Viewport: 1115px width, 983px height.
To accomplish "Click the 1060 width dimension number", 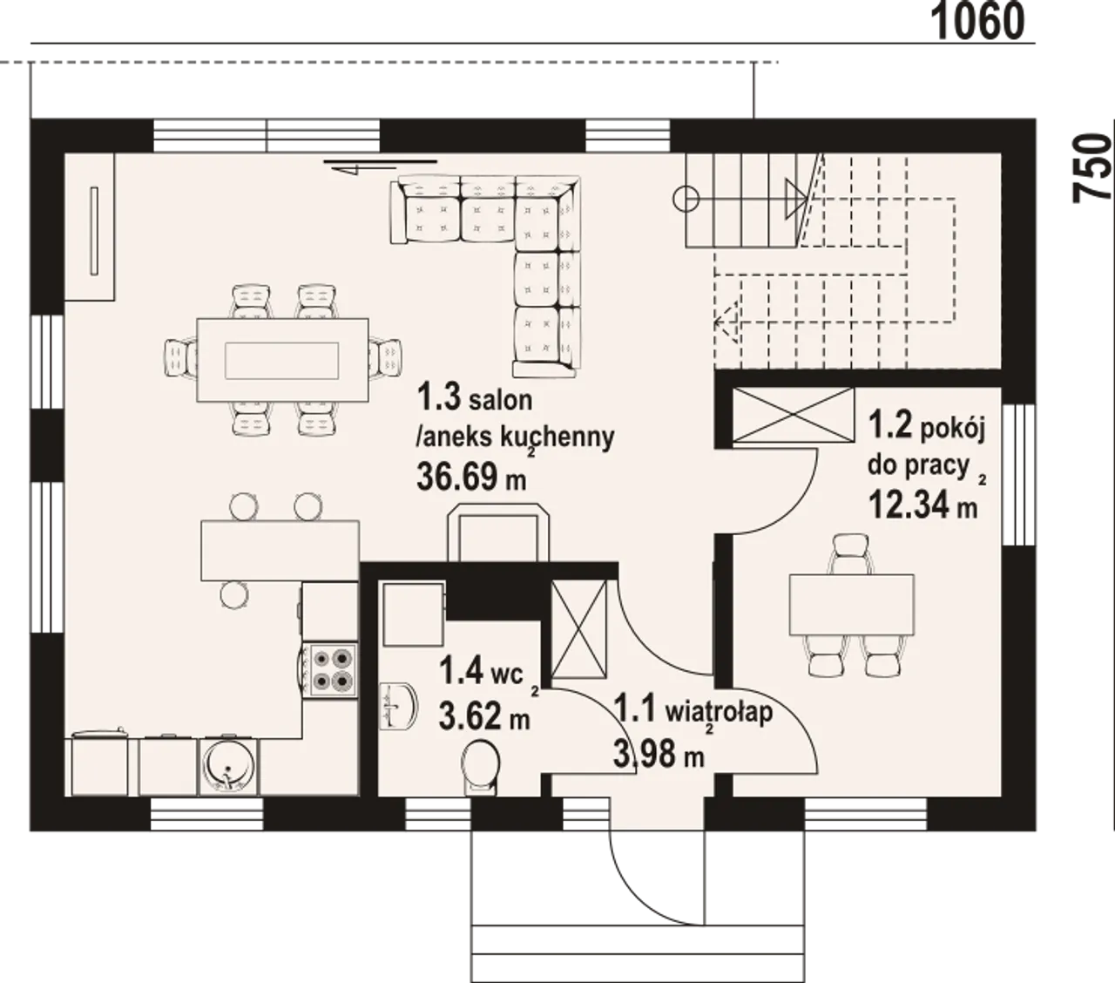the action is pos(977,22).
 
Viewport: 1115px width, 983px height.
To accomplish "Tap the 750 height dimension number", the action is pos(1093,168).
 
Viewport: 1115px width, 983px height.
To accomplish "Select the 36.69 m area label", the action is pos(471,477).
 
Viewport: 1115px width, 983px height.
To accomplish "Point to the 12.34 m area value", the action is pos(923,505).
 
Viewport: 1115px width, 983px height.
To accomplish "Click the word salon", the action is pos(500,400).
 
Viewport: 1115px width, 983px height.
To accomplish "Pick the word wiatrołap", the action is pos(720,712).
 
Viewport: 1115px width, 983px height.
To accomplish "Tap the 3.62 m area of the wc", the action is pos(484,717).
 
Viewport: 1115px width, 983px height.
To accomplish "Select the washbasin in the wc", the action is pos(399,706).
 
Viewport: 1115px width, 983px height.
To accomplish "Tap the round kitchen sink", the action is pos(229,766).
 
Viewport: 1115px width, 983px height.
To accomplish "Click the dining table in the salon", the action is pos(282,360).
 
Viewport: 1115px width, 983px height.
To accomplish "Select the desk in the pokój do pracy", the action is pos(851,605).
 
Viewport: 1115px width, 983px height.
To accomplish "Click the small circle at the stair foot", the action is pos(686,199).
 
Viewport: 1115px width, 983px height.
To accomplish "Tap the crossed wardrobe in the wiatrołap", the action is pos(579,628).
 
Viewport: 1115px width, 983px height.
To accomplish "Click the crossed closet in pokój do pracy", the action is pos(794,415).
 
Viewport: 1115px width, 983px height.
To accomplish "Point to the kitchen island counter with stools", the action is pos(280,550).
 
